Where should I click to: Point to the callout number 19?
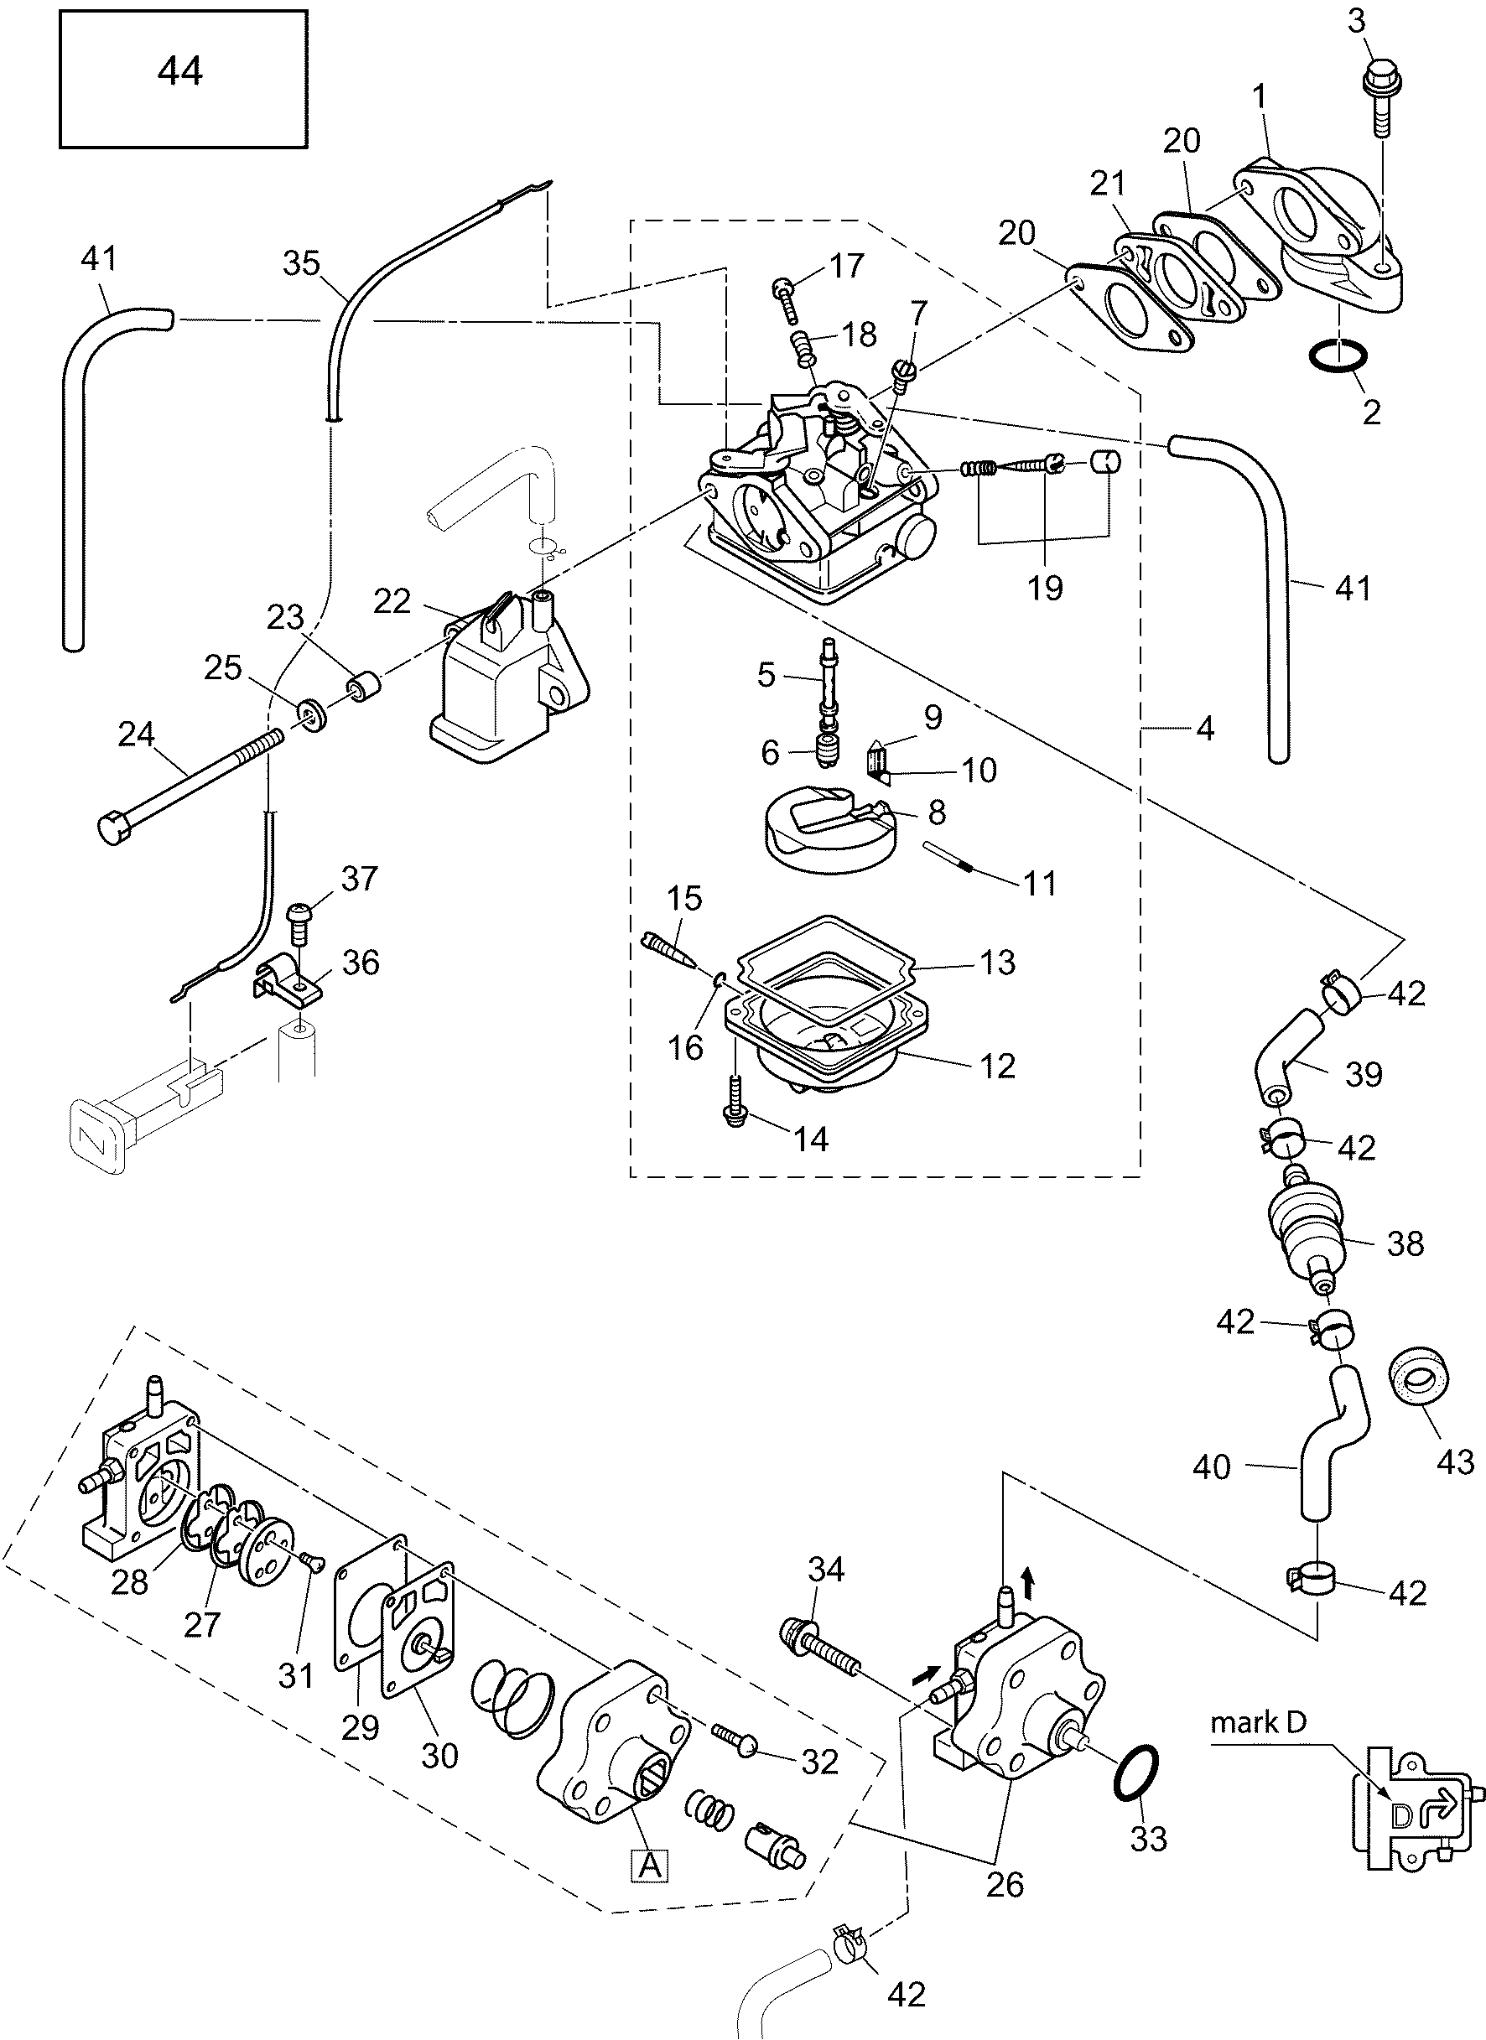pos(1044,589)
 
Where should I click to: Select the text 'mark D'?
pos(1258,1721)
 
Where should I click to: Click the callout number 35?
pos(301,263)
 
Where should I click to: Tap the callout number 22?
pos(392,601)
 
